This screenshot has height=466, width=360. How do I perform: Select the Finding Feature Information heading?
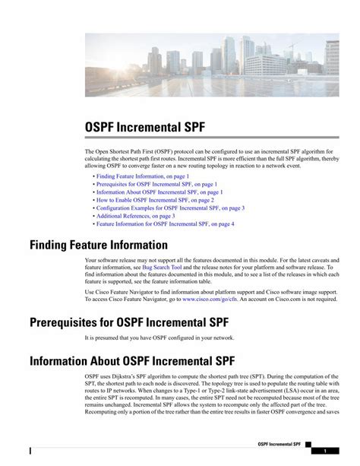coord(98,245)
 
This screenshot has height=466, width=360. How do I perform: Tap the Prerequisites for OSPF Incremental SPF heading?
coord(129,322)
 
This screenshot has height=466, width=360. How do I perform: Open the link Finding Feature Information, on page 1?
coord(143,176)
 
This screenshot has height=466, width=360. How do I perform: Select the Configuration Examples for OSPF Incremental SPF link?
coord(170,208)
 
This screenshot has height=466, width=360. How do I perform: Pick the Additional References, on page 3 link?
coord(135,216)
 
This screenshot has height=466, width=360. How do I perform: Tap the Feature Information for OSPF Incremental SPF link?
coord(165,224)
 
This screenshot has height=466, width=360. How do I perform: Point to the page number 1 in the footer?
coord(324,450)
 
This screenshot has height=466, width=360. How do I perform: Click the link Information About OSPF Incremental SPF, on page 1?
coord(159,192)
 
